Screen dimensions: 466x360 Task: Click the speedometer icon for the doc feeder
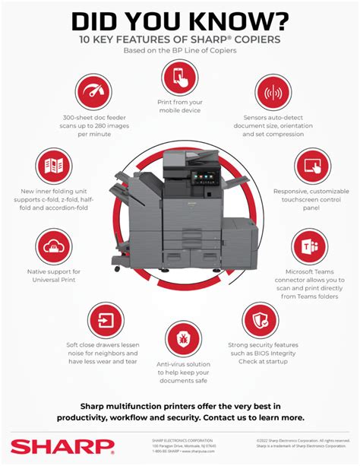[93, 94]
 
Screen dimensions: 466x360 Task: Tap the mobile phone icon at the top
[179, 77]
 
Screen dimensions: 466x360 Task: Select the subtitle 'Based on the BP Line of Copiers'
[180, 50]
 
